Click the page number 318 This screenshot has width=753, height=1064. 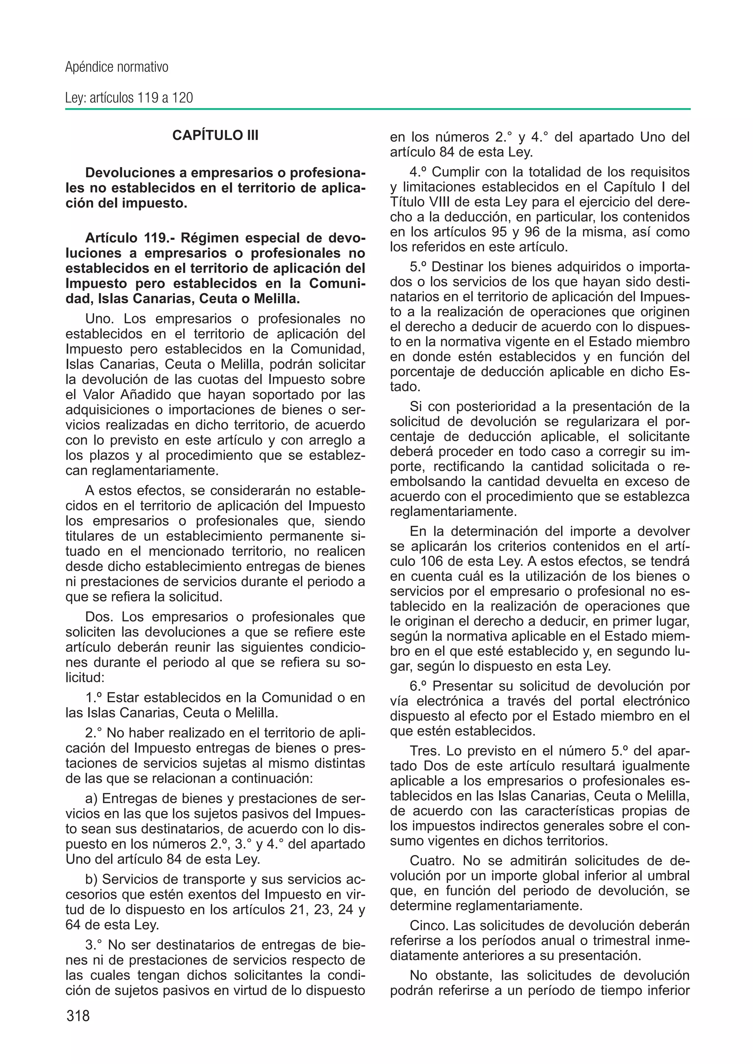click(x=78, y=1016)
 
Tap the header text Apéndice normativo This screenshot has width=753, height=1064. click(x=117, y=67)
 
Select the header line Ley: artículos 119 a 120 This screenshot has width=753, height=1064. click(x=129, y=98)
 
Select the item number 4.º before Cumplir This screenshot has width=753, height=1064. click(x=419, y=172)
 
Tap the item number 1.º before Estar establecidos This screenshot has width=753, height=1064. click(x=94, y=698)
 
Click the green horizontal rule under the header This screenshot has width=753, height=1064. click(x=378, y=110)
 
